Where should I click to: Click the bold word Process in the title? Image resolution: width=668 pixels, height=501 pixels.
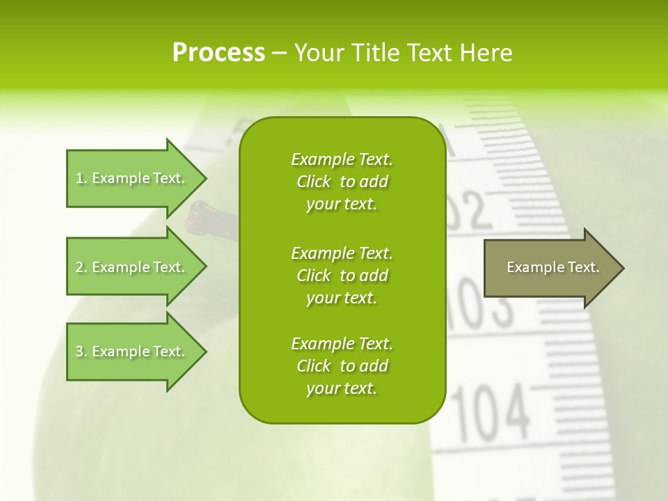coord(218,53)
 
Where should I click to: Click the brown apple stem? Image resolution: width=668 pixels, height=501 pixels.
coord(202,216)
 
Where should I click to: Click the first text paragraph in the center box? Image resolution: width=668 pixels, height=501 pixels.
coord(342,182)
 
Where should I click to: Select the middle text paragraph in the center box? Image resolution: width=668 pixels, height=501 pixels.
coord(342,276)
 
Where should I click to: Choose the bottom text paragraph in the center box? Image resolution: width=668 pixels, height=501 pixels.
coord(342,366)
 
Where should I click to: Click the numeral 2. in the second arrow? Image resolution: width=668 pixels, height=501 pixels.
coord(81,267)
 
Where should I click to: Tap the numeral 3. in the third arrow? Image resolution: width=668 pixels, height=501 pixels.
coord(81,351)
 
